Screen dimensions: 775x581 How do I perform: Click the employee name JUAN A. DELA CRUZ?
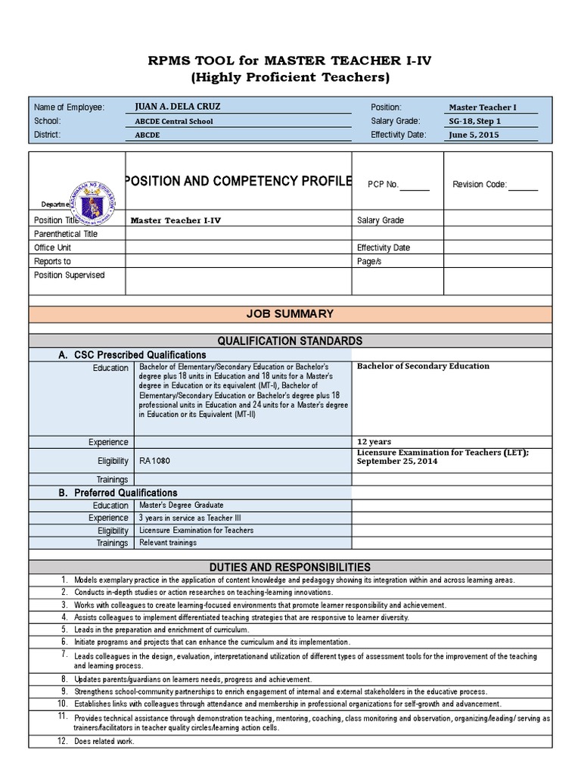point(178,107)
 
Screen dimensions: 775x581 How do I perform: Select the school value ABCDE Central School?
point(173,121)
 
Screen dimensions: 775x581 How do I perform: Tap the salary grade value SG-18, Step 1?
point(475,121)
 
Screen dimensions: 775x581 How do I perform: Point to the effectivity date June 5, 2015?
point(474,135)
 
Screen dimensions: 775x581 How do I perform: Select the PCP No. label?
point(383,184)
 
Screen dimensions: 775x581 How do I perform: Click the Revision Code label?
point(480,184)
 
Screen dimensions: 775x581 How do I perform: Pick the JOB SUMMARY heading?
point(290,314)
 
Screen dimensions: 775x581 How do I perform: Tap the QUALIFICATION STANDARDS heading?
point(290,341)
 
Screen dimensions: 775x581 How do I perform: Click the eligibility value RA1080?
point(150,459)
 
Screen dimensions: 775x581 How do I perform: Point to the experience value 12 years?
point(374,442)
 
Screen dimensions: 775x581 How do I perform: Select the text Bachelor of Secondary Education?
point(423,366)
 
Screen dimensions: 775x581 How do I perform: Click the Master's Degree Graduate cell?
point(181,505)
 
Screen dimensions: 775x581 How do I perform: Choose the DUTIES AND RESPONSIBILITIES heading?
point(290,567)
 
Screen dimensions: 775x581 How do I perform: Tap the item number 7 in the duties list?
point(65,653)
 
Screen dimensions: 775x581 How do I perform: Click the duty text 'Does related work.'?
point(104,741)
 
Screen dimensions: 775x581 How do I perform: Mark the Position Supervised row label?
point(70,275)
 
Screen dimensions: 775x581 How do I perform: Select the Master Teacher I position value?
point(483,107)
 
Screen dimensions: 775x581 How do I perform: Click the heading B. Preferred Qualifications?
point(118,493)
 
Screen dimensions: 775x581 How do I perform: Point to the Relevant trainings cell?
point(168,543)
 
